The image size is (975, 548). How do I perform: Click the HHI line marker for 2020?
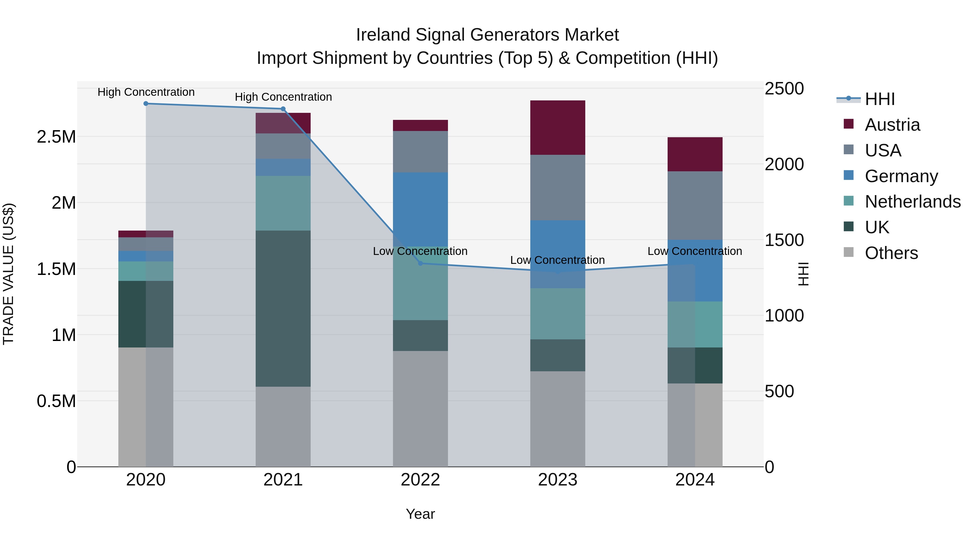(146, 104)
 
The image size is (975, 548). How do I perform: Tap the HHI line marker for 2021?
(283, 109)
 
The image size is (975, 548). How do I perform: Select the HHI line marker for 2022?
(420, 263)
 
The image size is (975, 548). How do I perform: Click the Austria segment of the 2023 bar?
(558, 127)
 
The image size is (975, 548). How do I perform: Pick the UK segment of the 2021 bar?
(283, 308)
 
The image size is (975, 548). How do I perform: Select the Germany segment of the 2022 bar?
(420, 209)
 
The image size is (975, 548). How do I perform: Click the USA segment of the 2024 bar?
(695, 205)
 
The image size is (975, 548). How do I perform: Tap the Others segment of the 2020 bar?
(146, 406)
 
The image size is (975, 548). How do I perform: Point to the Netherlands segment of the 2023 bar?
(558, 314)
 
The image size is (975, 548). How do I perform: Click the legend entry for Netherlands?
(912, 202)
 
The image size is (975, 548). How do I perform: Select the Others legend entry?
(891, 253)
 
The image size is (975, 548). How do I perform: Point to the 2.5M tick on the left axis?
(56, 137)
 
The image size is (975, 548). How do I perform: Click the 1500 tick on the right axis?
(784, 240)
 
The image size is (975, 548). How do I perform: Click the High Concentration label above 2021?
(283, 97)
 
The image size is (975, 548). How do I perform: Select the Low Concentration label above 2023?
(558, 260)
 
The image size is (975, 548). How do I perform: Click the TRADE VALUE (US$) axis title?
(9, 274)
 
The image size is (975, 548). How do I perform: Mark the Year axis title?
(420, 514)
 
